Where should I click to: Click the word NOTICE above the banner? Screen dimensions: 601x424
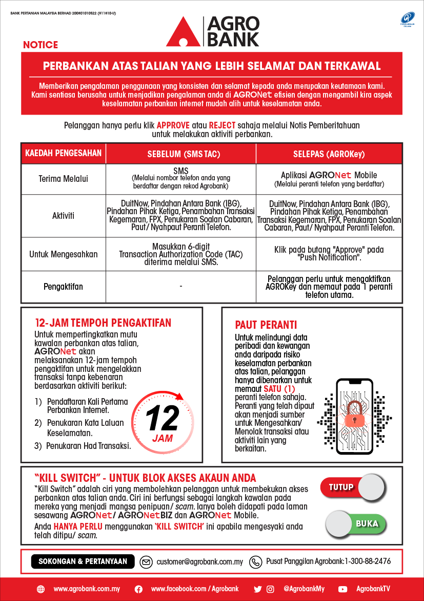pos(41,45)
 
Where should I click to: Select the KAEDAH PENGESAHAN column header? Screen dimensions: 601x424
pos(64,153)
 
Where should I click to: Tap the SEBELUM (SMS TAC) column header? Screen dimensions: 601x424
pos(181,154)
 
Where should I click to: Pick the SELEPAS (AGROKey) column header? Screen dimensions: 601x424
pos(329,154)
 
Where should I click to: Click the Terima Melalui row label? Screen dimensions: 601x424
pos(64,179)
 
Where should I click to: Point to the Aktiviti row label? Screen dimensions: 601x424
pos(64,216)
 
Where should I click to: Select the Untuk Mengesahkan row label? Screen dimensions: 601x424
pos(64,254)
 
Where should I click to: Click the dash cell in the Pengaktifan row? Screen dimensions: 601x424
pos(181,286)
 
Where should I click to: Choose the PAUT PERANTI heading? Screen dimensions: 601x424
pos(266,325)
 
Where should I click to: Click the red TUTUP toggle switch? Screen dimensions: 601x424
pos(352,487)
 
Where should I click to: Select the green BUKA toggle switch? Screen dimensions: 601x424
pos(356,523)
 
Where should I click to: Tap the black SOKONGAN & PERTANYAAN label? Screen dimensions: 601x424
pos(83,561)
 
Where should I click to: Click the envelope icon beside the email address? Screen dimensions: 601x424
pos(146,562)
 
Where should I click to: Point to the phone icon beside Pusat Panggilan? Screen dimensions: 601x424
pos(255,562)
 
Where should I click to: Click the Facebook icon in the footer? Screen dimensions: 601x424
pos(138,589)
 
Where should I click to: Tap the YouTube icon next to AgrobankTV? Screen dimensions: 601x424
pos(343,589)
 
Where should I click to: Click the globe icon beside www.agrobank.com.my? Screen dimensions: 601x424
pos(41,589)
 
